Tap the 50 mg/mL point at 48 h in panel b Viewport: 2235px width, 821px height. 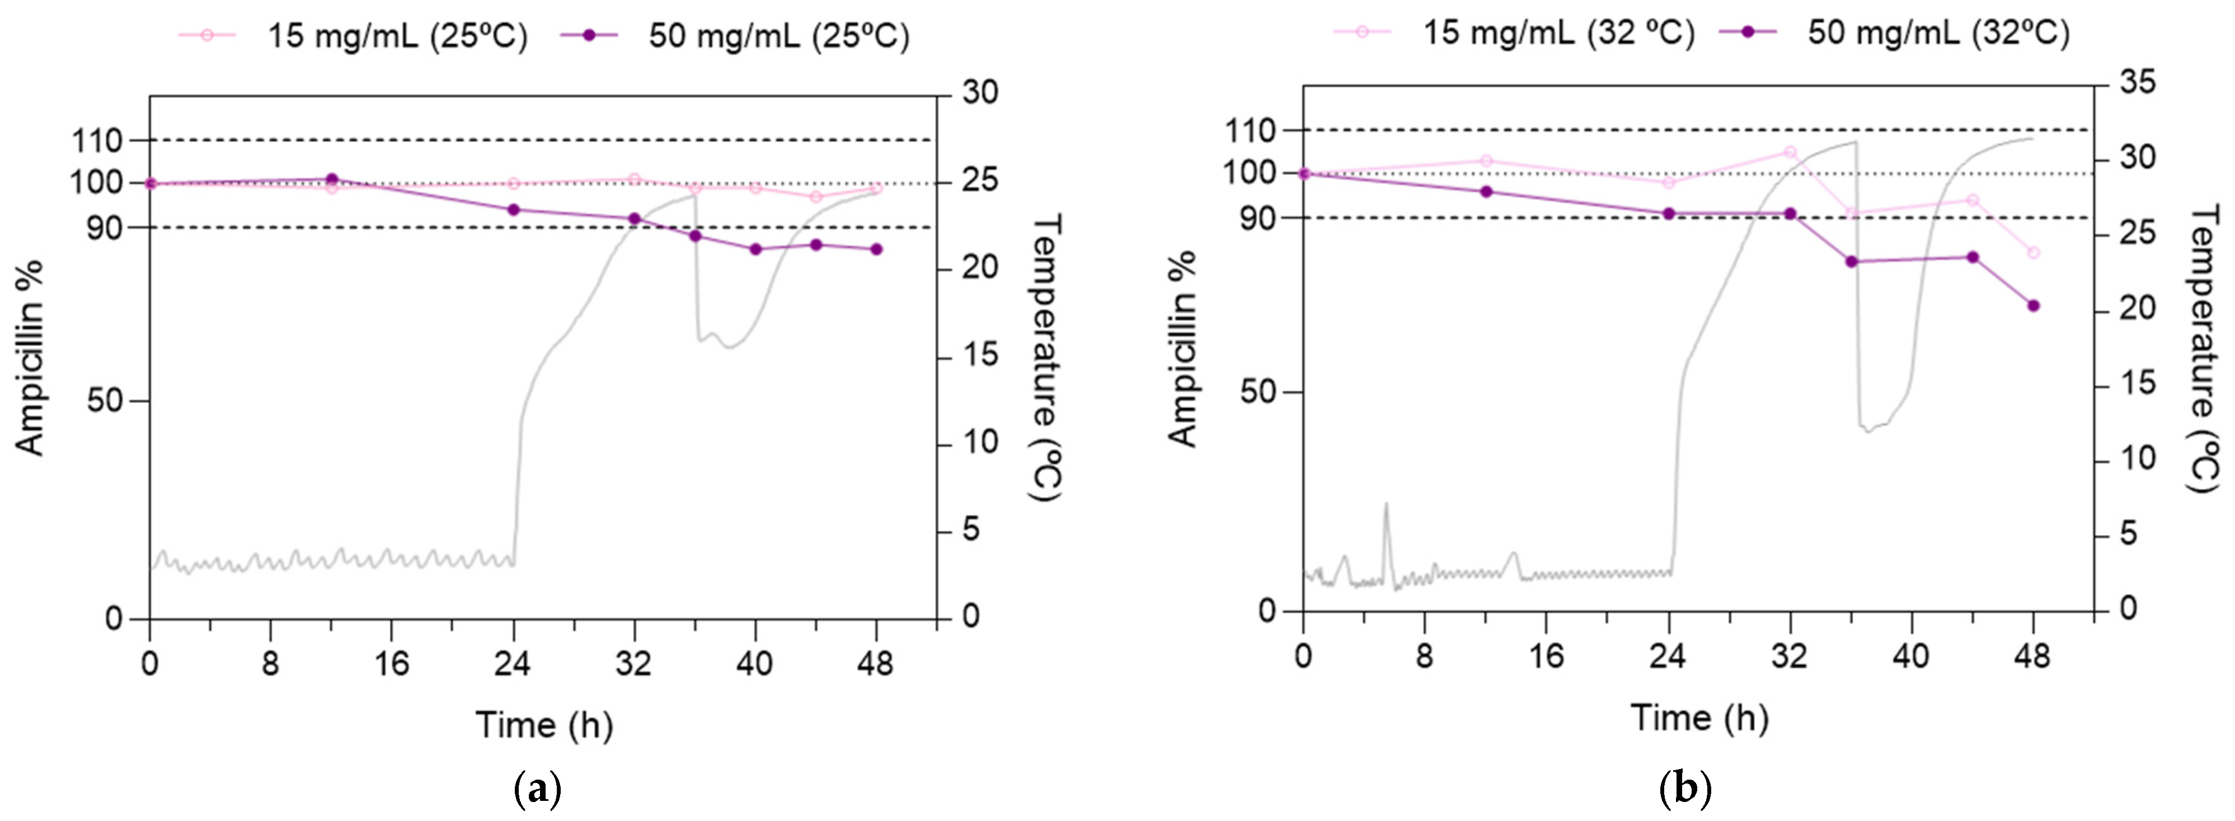(x=2033, y=305)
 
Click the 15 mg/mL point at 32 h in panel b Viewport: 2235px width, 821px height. (x=1789, y=151)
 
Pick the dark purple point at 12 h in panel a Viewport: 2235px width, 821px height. (x=331, y=179)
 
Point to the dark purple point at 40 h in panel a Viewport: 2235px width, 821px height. (x=755, y=249)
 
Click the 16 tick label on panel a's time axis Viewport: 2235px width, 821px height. (x=391, y=664)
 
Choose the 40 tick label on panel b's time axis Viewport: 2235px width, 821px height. (x=1910, y=656)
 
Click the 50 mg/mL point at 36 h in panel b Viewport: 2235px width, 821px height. (x=1851, y=261)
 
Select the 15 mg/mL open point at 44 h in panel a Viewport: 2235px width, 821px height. (x=815, y=197)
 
